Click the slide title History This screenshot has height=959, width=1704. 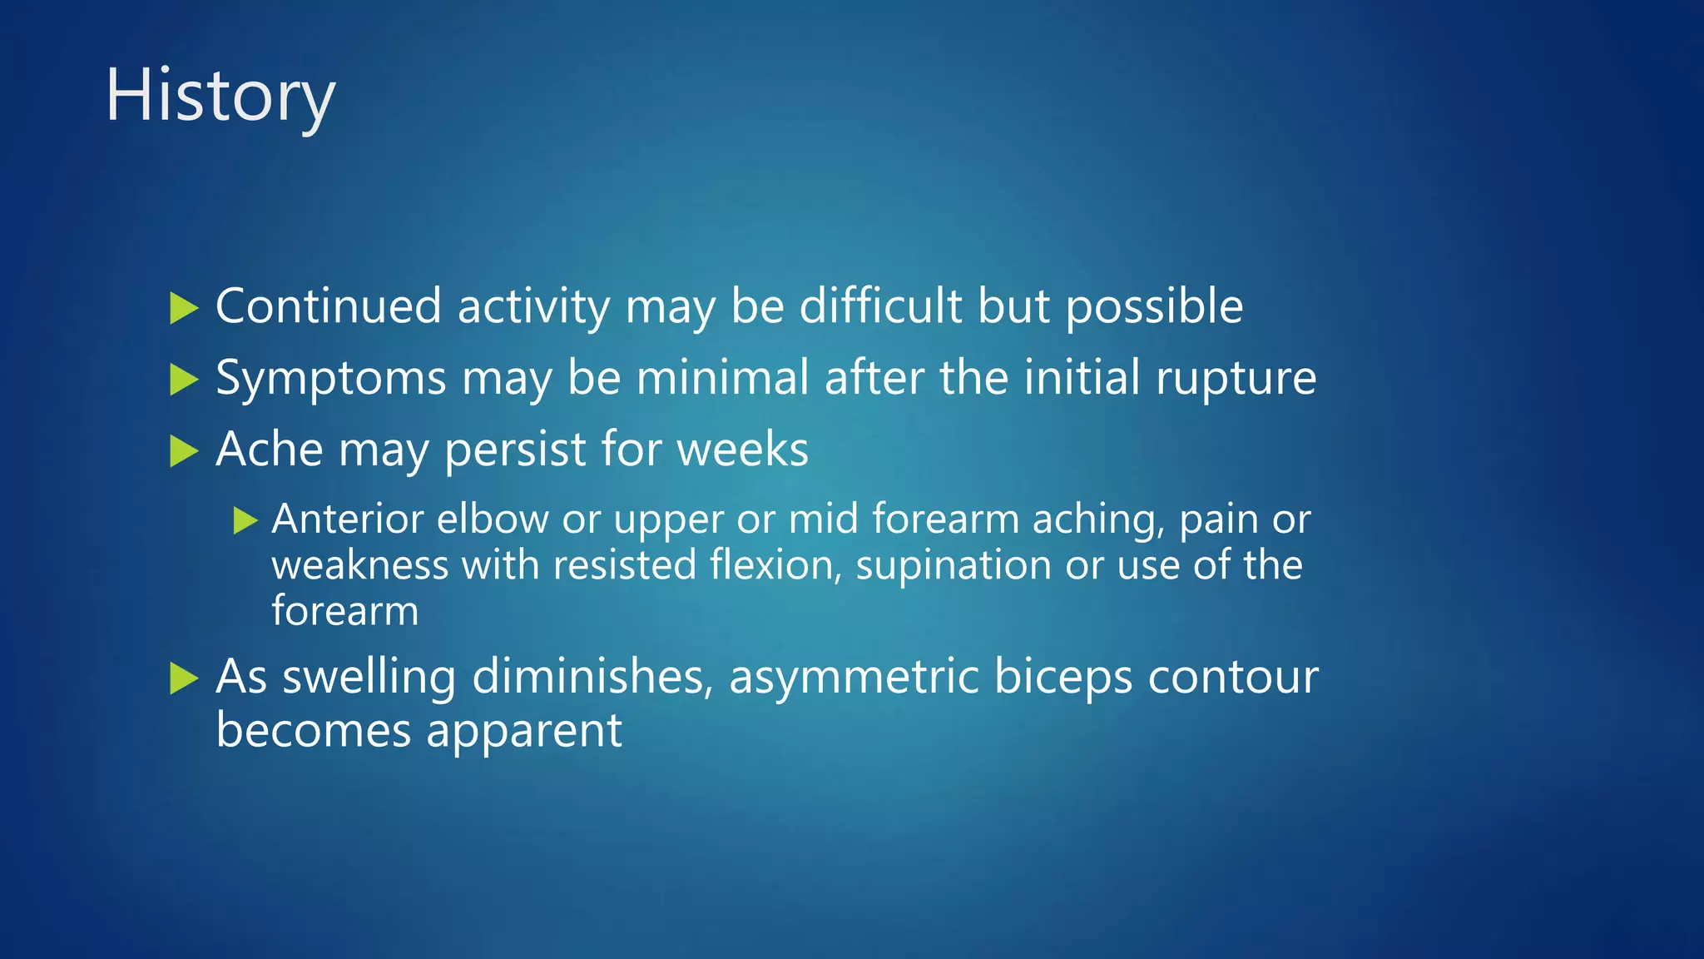point(220,97)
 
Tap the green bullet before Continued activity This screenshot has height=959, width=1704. point(184,308)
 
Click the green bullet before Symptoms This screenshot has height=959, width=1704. point(184,380)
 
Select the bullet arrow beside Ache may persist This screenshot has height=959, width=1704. point(184,452)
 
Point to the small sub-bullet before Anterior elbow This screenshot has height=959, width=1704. point(245,521)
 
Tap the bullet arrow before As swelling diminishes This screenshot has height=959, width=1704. point(184,678)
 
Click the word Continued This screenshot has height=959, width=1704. point(328,306)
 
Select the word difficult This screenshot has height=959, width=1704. point(880,306)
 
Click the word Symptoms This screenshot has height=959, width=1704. point(331,379)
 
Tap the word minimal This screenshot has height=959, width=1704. point(722,377)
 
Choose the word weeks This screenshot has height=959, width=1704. point(742,450)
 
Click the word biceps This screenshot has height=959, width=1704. point(1063,678)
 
